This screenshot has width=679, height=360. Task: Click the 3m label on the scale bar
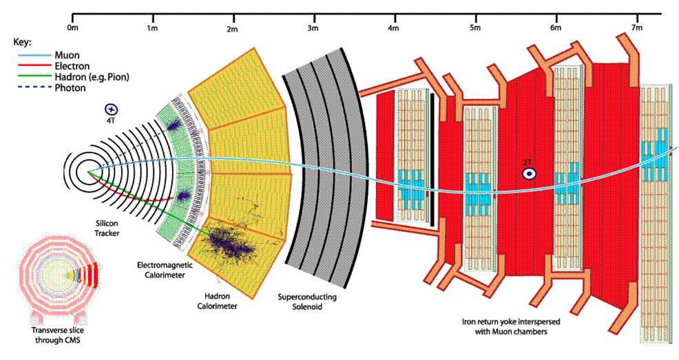(x=313, y=28)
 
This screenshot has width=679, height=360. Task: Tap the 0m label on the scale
(x=72, y=28)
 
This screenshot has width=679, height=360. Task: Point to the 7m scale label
(x=636, y=28)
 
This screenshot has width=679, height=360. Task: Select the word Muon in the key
(x=67, y=55)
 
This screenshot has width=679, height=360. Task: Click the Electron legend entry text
(x=72, y=66)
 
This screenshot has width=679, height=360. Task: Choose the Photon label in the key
(x=70, y=88)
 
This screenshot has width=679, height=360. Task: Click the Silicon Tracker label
(x=107, y=228)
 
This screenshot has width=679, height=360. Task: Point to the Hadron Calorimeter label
(x=218, y=301)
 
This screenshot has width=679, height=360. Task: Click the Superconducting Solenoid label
(x=307, y=302)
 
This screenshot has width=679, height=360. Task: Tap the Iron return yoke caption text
(x=511, y=327)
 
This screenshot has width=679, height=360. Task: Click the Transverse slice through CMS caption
(x=58, y=335)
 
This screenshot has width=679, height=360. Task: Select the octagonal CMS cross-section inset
(x=58, y=277)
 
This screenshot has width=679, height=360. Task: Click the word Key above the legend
(x=23, y=43)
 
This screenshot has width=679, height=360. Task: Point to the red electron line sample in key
(x=34, y=66)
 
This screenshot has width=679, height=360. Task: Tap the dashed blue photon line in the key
(x=34, y=88)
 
